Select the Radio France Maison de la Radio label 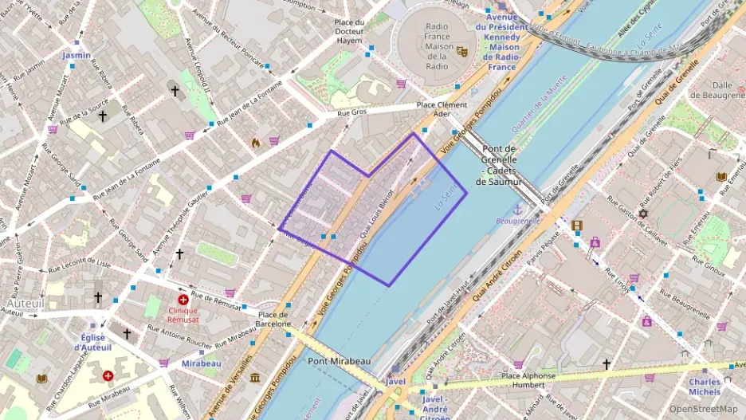click(x=436, y=46)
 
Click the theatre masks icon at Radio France click(x=461, y=51)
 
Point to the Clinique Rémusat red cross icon click(x=183, y=300)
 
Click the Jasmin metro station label click(x=77, y=55)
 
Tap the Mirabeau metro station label click(x=201, y=363)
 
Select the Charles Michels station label click(x=705, y=387)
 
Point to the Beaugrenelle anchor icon click(x=517, y=209)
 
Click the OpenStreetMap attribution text click(x=698, y=409)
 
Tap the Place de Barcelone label click(x=273, y=319)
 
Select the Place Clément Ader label click(x=442, y=109)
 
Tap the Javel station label click(x=395, y=382)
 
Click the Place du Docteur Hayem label click(x=349, y=31)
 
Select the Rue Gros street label click(x=352, y=113)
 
